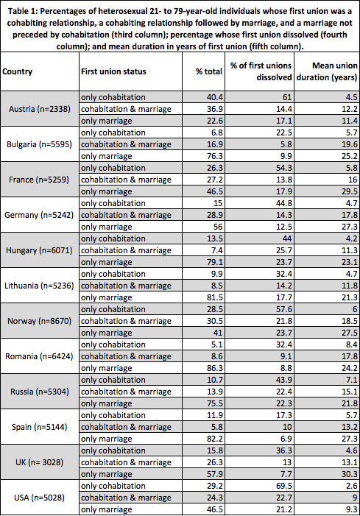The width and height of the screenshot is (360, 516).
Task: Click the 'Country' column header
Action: (18, 71)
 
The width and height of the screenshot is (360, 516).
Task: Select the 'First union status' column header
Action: (113, 71)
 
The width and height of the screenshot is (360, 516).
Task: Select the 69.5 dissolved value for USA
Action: (282, 486)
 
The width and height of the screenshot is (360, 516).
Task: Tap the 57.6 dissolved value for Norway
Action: (282, 309)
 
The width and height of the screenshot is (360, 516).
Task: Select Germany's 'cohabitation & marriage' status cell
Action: (125, 215)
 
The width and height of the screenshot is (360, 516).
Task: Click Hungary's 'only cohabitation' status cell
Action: (113, 238)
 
